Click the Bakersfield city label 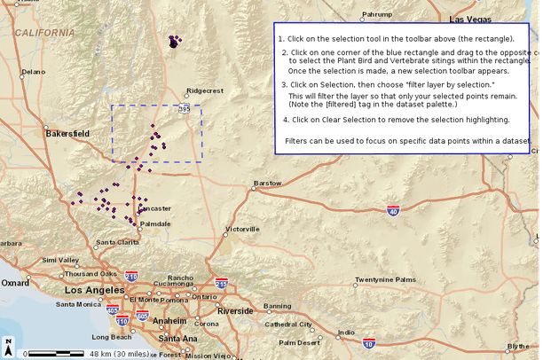tap(67, 134)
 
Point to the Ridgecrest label tap(205, 90)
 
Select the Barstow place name tap(267, 184)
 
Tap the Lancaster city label tap(154, 208)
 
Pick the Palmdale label tap(154, 224)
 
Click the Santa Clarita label tap(117, 242)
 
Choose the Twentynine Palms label tap(384, 280)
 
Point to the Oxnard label tap(14, 283)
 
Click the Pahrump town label tap(376, 14)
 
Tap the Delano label tap(33, 72)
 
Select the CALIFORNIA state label tap(43, 33)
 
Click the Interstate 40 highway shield tap(393, 211)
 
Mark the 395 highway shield tap(184, 109)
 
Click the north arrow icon tap(8, 343)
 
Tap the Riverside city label tap(235, 311)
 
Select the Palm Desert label tap(299, 342)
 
